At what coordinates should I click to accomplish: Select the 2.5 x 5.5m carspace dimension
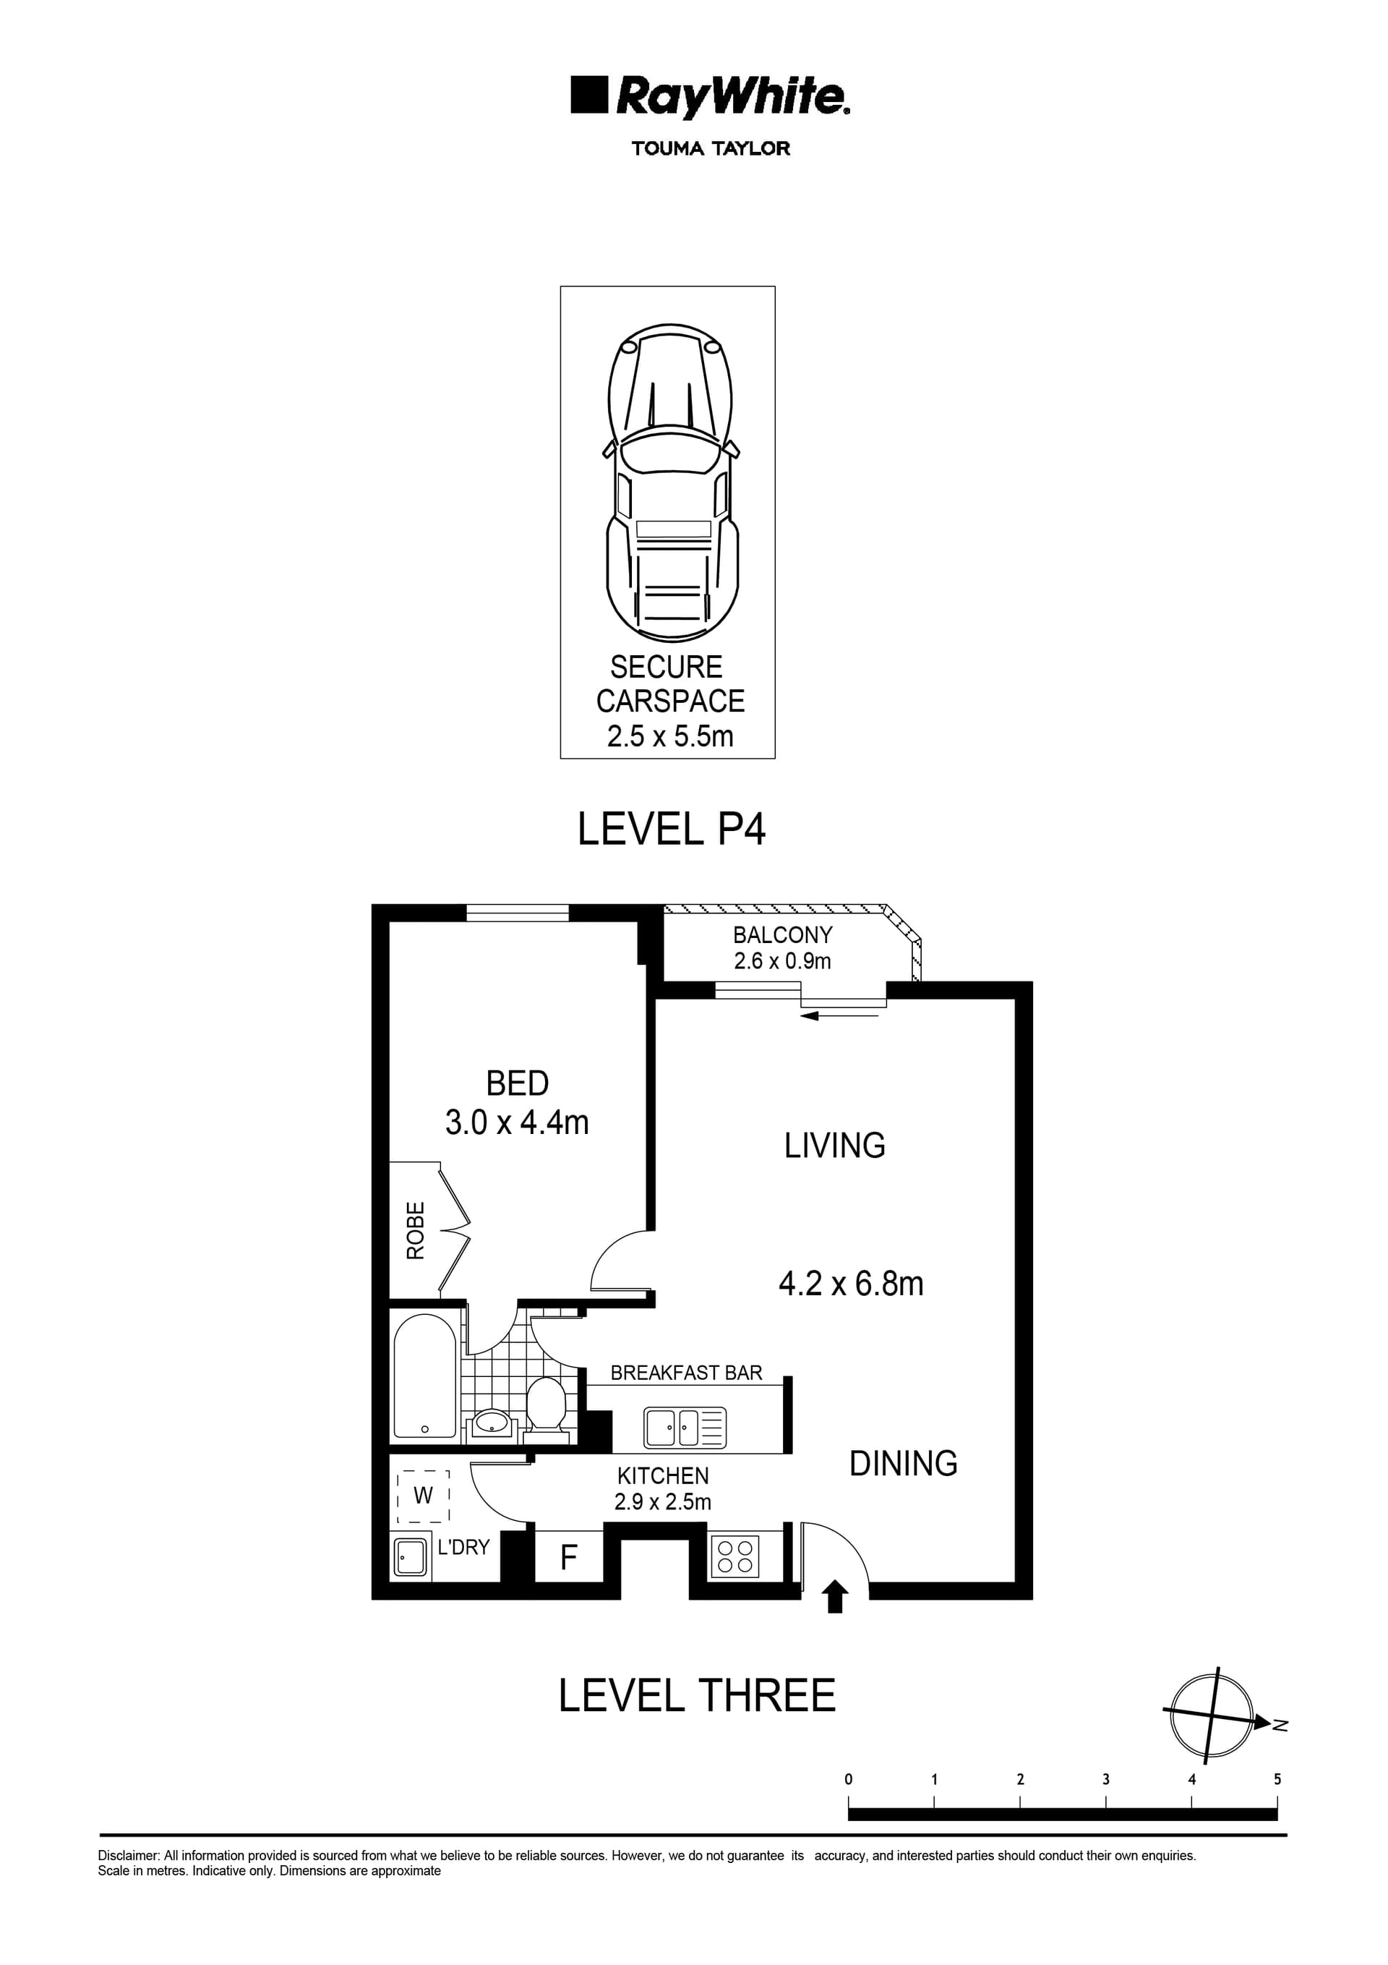pos(670,736)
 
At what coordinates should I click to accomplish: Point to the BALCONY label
pos(782,935)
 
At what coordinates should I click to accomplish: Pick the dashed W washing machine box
pos(423,1496)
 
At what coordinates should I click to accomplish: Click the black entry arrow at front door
pos(834,1598)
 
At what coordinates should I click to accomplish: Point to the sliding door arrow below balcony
pos(839,1016)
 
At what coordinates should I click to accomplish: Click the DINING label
pos(903,1464)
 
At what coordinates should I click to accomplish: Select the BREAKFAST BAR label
pos(685,1373)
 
